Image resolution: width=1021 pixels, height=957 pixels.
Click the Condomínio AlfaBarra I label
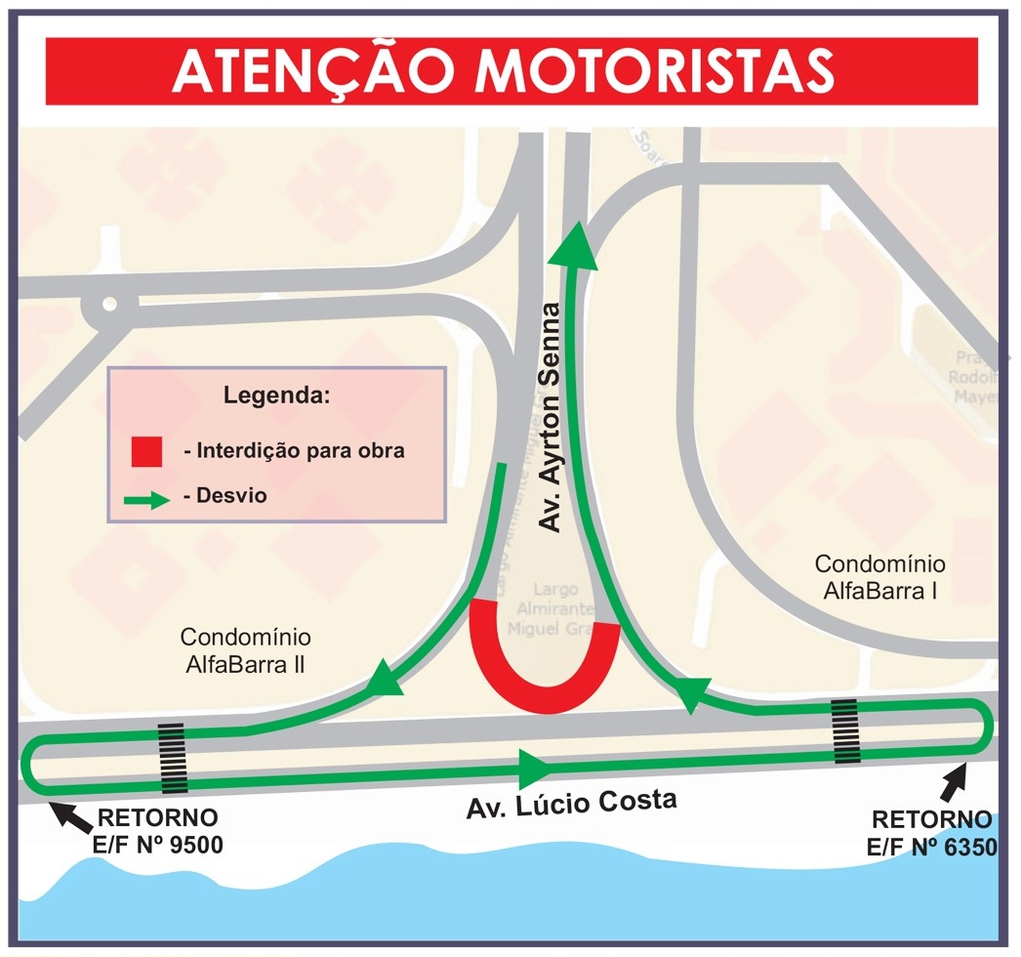879,577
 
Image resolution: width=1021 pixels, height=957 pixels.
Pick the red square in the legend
145,450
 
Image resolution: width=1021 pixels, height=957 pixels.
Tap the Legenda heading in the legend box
276,396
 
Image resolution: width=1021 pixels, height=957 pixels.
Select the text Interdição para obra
293,451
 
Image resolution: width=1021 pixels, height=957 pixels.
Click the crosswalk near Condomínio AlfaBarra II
173,759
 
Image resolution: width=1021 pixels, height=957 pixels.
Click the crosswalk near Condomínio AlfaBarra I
845,730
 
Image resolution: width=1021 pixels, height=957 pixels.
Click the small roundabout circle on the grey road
108,305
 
